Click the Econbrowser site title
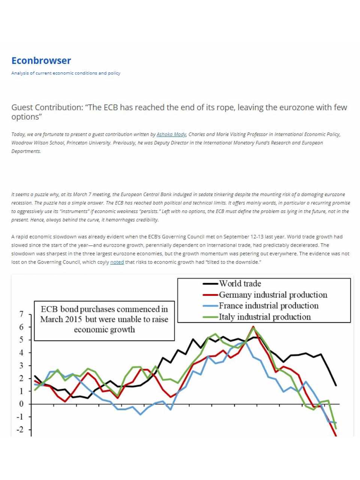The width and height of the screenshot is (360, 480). [x=41, y=61]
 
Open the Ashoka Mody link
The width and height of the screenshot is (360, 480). [x=171, y=134]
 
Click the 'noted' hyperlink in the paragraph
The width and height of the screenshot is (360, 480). [x=117, y=262]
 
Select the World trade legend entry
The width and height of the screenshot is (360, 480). [x=240, y=284]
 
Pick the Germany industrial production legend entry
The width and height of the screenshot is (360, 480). [x=273, y=295]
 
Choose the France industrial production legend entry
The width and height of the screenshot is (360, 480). [x=268, y=306]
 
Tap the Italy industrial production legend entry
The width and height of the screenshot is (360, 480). [x=265, y=317]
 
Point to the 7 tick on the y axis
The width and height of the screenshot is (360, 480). [x=21, y=314]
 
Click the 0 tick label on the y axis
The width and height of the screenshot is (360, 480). [x=21, y=404]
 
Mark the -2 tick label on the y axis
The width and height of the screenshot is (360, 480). [x=20, y=430]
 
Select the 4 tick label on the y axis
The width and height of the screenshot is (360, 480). [x=21, y=352]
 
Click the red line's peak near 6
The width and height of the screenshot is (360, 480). [x=253, y=327]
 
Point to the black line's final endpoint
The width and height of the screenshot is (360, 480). [x=336, y=385]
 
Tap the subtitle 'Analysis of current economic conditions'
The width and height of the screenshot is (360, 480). [x=66, y=73]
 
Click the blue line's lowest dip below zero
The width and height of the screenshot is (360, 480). [x=140, y=414]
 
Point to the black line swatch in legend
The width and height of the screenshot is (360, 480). [x=210, y=284]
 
